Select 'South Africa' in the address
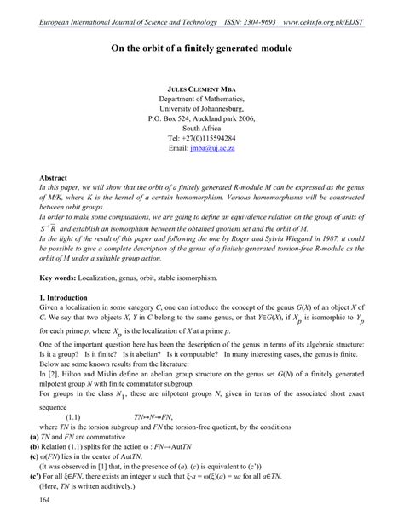[202, 125]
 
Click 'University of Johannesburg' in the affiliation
[202, 113]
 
